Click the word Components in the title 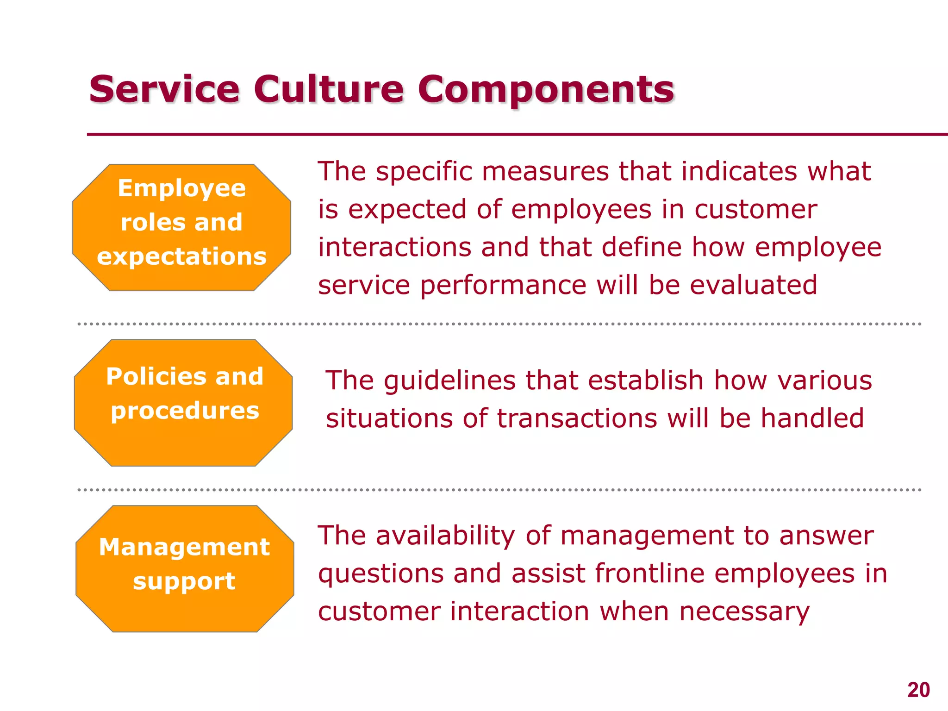tap(546, 90)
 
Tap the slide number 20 tap(918, 690)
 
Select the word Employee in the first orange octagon tap(181, 188)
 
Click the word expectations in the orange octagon tap(181, 257)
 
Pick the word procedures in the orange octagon tap(185, 411)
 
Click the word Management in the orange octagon tap(184, 547)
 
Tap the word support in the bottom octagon tap(184, 581)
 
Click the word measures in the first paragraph tap(545, 171)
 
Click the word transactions tap(577, 418)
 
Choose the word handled tap(812, 418)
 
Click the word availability tap(445, 536)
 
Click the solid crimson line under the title tap(509, 135)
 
